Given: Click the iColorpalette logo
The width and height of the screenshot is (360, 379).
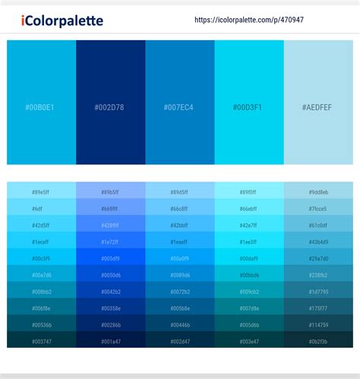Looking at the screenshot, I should coord(62,21).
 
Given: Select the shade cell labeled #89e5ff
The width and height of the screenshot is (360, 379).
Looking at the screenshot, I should coord(42,191).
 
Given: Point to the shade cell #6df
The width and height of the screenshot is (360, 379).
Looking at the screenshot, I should coord(42,208).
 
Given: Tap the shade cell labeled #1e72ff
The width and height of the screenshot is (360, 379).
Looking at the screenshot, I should coord(111,242).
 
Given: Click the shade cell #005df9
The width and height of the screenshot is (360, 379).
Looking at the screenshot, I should coord(111,258).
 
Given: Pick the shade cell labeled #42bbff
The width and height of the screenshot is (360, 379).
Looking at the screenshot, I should coord(180,225).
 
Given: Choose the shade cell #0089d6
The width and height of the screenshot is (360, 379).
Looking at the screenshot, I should coord(180,275).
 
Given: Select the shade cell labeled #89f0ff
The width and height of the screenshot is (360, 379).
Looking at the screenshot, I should coord(249,191).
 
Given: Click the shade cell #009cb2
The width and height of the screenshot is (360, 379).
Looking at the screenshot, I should coord(249,292).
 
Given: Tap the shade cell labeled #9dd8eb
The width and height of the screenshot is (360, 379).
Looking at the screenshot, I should coord(318,191).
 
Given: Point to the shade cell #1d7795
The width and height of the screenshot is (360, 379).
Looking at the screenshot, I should coord(318,292).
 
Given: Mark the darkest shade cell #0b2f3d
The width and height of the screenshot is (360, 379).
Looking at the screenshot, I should coord(318,342).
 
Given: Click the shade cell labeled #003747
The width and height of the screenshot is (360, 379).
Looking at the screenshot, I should coord(42,342).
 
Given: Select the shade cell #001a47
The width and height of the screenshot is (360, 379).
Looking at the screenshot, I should coord(111,342).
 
